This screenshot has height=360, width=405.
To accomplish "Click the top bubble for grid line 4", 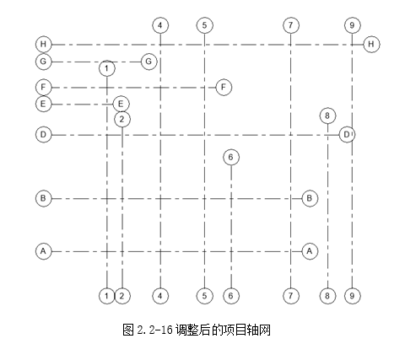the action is coord(160,25).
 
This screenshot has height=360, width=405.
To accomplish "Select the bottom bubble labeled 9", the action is coord(353,296).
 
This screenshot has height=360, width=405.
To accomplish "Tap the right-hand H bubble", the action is coord(371,44).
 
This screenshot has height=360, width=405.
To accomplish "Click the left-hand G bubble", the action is coord(44,62).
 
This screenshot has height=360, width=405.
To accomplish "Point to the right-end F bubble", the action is coord(224,87).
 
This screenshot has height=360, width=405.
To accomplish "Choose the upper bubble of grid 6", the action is coord(231,157).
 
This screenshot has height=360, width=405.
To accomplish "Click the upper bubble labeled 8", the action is coord(327,116).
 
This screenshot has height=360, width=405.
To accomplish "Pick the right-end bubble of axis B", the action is coord(310,198).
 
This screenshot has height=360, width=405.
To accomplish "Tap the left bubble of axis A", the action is coord(44,251).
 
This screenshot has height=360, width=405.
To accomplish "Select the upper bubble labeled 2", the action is coord(122,120).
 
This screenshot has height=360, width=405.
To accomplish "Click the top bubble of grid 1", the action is coord(107,68).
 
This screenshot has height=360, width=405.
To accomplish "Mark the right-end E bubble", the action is coord(121,104).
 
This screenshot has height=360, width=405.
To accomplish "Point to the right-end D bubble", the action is coord(347,135).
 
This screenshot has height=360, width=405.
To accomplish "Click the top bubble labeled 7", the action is coord(291,25).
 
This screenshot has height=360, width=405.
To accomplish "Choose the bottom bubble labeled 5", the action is coord(204,296).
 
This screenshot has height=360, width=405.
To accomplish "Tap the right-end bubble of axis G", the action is coord(149,62).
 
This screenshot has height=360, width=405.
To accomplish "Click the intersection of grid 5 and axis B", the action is coord(204,199).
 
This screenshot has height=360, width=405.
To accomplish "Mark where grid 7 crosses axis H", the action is coord(291,45).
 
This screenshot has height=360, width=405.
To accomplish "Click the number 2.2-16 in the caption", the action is coord(154,330).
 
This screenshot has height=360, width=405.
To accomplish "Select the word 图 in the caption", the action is coord(128,330).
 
